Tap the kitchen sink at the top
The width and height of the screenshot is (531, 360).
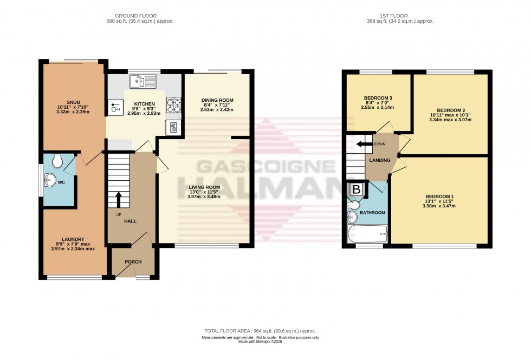[x=143, y=82]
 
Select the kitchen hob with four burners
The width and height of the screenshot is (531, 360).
[x=173, y=105]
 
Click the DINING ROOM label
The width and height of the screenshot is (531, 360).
[x=217, y=100]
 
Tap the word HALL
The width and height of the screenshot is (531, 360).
[x=129, y=221]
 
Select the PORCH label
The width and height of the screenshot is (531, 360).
[x=133, y=262]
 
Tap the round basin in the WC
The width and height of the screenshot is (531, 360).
[x=52, y=180]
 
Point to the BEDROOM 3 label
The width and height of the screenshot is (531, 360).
[x=378, y=98]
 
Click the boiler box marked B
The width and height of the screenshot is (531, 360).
[x=357, y=190]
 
